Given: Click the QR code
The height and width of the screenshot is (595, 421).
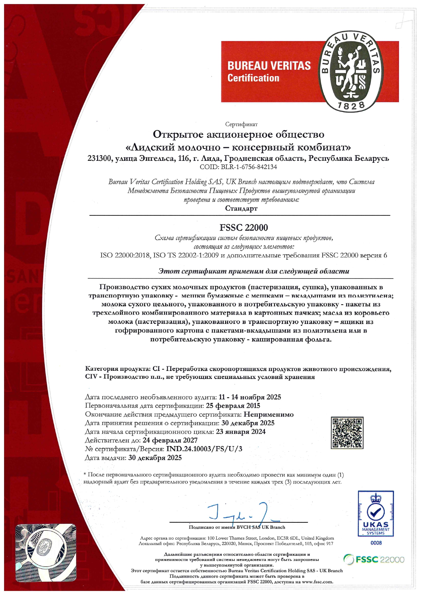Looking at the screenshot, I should tap(347, 433).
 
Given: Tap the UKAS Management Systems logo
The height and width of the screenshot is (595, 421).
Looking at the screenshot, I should tap(376, 513).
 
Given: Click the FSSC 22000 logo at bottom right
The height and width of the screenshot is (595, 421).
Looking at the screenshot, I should tap(374, 559).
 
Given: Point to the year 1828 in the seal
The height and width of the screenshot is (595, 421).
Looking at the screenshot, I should tap(351, 106).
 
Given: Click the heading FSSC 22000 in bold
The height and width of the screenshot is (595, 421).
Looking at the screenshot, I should tap(244, 227).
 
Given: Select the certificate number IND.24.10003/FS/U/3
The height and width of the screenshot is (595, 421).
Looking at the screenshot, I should tap(204, 449).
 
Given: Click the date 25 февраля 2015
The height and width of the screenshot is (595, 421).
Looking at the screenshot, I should tap(233, 406).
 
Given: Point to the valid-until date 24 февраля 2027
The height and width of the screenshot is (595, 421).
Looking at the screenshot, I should tap(170, 440).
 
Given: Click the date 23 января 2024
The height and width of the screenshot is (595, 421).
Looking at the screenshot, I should tap(241, 431).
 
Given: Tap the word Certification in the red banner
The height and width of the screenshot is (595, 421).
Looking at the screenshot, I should tap(253, 78).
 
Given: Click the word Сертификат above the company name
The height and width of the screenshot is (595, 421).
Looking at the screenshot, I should tap(241, 124).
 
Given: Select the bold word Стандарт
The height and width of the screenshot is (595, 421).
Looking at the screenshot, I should tap(241, 208).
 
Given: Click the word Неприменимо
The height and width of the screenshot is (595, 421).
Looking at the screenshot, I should tap(269, 414).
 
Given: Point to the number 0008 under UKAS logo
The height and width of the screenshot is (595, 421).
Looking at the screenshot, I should tap(376, 543).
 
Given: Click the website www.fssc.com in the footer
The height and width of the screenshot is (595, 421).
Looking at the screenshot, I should tap(317, 582).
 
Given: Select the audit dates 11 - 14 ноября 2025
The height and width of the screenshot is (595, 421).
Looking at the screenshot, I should tap(250, 397).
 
